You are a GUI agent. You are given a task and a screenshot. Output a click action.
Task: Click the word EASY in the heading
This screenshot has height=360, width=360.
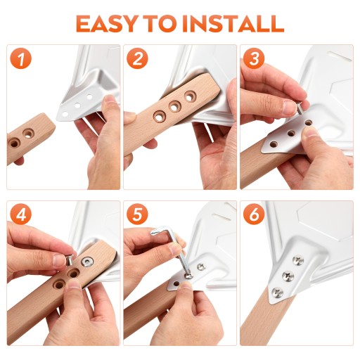point(106,24)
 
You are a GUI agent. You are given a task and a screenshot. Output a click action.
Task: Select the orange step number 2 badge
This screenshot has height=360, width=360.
point(138,58)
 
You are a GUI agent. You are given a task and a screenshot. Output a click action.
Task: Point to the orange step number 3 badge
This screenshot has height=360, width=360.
point(254,58)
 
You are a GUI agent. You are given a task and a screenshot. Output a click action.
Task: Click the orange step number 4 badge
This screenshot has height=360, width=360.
point(21,214)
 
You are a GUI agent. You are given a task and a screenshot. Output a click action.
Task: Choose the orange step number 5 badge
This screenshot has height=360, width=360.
point(138,214)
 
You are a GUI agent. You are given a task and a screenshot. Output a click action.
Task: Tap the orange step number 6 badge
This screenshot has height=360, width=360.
point(254,214)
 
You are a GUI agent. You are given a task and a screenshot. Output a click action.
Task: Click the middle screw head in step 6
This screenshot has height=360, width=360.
point(288,276)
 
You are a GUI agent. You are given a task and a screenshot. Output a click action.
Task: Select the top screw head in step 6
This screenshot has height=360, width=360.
point(298,261)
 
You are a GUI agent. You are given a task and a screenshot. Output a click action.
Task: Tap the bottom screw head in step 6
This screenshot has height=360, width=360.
point(278,293)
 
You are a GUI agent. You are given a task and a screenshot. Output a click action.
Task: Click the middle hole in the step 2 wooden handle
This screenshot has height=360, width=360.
point(174,107)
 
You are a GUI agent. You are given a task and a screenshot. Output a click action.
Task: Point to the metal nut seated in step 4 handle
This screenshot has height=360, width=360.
point(87,262)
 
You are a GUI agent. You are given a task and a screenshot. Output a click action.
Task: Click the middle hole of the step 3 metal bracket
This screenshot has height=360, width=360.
point(291,134)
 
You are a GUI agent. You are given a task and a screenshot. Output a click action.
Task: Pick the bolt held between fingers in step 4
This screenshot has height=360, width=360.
point(69,259)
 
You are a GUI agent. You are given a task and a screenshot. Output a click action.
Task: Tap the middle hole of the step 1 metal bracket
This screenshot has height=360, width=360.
point(77,105)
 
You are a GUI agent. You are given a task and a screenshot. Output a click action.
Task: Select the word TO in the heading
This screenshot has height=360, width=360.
point(159,24)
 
